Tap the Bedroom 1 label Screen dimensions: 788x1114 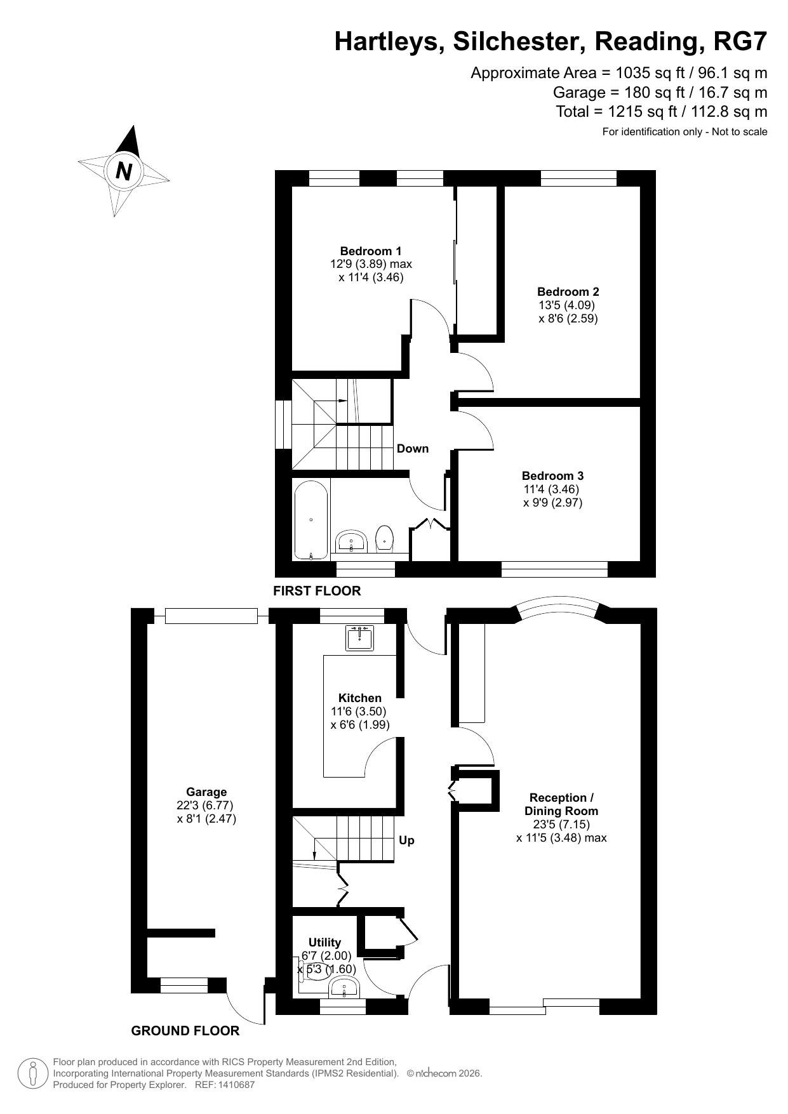pyautogui.click(x=371, y=251)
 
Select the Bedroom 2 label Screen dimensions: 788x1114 pyautogui.click(x=568, y=292)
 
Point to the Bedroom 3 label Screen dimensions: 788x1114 pyautogui.click(x=552, y=476)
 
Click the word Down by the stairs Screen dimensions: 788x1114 pyautogui.click(x=413, y=449)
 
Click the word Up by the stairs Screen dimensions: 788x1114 pyautogui.click(x=406, y=840)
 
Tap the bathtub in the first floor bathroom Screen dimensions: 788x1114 pyautogui.click(x=311, y=519)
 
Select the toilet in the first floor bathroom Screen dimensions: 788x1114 pyautogui.click(x=385, y=536)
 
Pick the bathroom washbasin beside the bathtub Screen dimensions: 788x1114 pyautogui.click(x=351, y=541)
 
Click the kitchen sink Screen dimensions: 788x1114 pyautogui.click(x=360, y=638)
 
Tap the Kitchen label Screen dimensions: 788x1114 pyautogui.click(x=360, y=698)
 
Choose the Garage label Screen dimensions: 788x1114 pyautogui.click(x=206, y=792)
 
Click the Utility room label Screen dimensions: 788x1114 pyautogui.click(x=324, y=943)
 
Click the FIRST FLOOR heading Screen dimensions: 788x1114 pyautogui.click(x=317, y=591)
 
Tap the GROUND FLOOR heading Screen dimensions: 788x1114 pyautogui.click(x=185, y=1031)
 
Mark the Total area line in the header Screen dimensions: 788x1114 pyautogui.click(x=662, y=112)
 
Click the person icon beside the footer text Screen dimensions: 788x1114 pyautogui.click(x=32, y=1073)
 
